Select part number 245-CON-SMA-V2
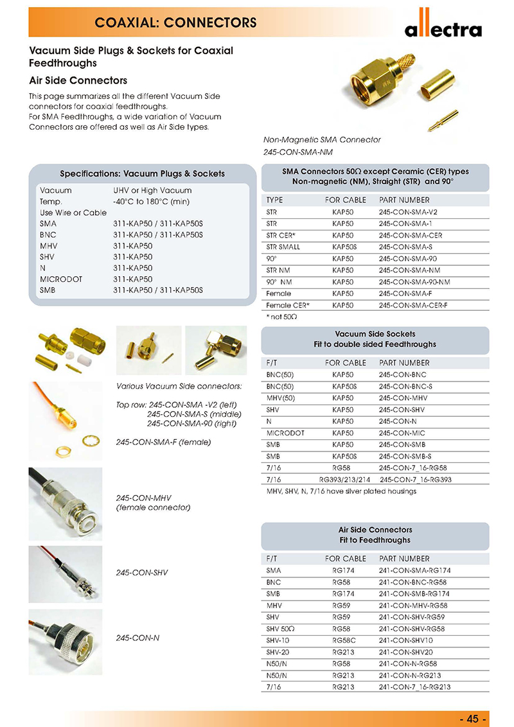coord(409,212)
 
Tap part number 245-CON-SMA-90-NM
coord(414,282)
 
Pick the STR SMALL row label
coord(283,247)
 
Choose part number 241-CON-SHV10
coord(406,640)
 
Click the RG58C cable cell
coord(344,640)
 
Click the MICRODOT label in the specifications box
coord(62,279)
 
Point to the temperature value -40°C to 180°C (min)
coord(152,202)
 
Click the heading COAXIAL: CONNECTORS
coord(176,23)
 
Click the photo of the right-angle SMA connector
coord(215,350)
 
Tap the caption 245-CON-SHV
coord(142,572)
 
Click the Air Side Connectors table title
coord(375,530)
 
